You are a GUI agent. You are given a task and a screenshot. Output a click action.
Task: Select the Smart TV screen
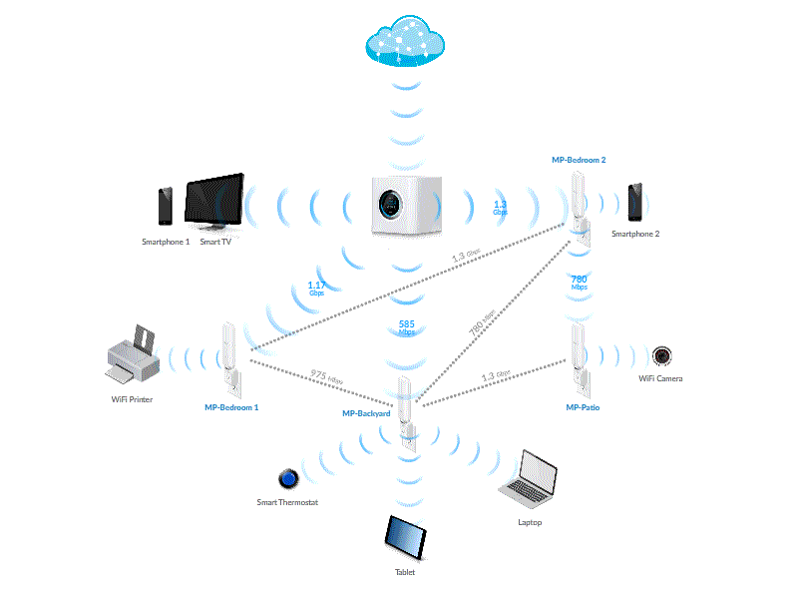click(213, 203)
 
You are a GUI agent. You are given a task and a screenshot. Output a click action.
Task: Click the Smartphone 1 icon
click(166, 207)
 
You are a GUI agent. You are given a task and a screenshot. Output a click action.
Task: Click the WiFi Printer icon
click(134, 357)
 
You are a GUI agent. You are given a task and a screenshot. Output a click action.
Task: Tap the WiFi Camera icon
click(661, 355)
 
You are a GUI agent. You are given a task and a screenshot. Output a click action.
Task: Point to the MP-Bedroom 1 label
click(231, 407)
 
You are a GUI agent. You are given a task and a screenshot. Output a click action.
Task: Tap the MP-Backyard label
click(366, 413)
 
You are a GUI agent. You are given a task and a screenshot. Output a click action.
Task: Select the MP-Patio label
click(583, 407)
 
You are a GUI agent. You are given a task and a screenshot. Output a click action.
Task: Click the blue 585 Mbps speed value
click(406, 327)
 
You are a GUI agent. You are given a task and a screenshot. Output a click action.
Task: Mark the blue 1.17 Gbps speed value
click(316, 288)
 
